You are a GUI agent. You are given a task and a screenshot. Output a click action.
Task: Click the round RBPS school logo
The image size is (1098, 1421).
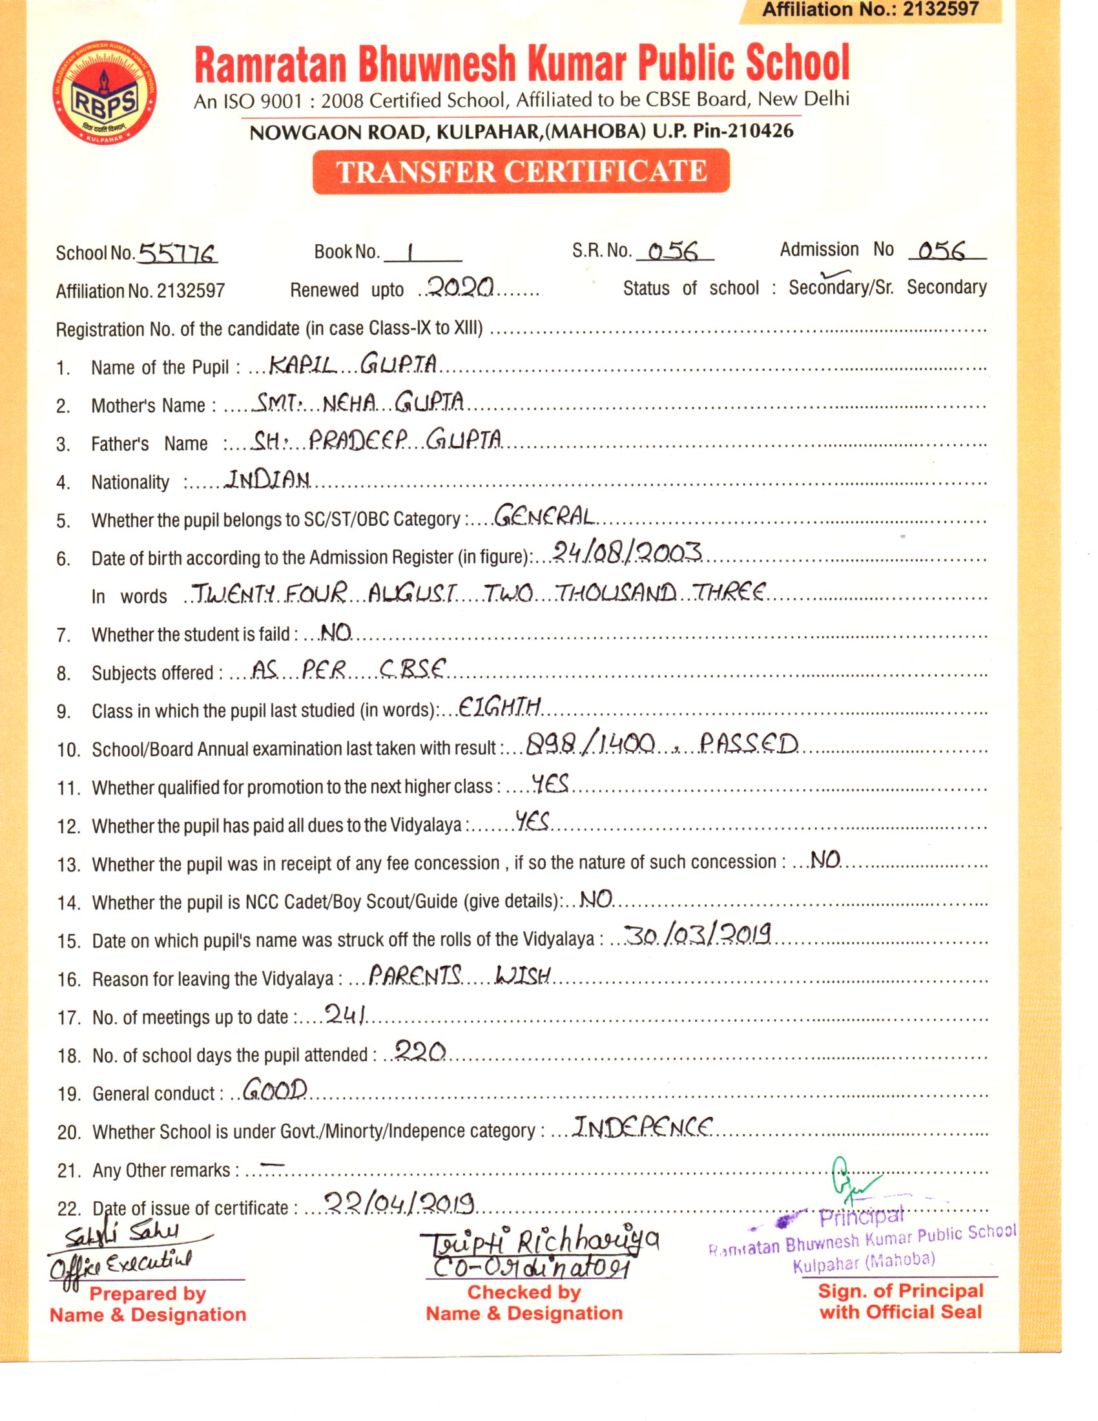[x=104, y=94]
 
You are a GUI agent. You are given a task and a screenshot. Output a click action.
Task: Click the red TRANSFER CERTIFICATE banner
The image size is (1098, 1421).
[x=521, y=172]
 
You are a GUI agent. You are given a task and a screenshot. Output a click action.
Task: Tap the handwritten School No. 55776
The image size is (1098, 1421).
[x=177, y=253]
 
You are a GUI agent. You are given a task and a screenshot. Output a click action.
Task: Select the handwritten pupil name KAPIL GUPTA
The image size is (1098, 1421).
[x=353, y=364]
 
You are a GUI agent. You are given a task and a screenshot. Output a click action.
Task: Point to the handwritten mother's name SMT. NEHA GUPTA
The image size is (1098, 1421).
[x=358, y=402]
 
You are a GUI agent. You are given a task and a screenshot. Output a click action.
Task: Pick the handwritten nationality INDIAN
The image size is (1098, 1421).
[x=267, y=479]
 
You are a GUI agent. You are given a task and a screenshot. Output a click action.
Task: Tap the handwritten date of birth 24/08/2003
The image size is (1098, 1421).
[x=627, y=552]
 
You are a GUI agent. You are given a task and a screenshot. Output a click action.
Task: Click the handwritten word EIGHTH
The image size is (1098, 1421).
[x=499, y=707]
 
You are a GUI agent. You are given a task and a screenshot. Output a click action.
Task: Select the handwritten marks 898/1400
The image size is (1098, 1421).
[x=589, y=743]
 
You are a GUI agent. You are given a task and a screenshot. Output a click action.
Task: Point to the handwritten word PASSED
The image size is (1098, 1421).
[x=749, y=743]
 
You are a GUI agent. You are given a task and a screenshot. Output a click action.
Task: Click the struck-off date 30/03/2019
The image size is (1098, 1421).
[x=698, y=935]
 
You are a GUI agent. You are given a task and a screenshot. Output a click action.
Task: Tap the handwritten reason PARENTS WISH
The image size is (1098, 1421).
[x=460, y=975]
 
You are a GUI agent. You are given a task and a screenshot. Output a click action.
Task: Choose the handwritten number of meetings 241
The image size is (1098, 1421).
[x=346, y=1013]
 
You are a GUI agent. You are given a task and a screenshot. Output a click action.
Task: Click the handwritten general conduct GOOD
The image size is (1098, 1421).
[x=275, y=1089]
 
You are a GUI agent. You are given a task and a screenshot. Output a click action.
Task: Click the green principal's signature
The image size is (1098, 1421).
[x=851, y=1183]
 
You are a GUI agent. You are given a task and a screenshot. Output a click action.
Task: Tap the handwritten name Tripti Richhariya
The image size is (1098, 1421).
[x=539, y=1244]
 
